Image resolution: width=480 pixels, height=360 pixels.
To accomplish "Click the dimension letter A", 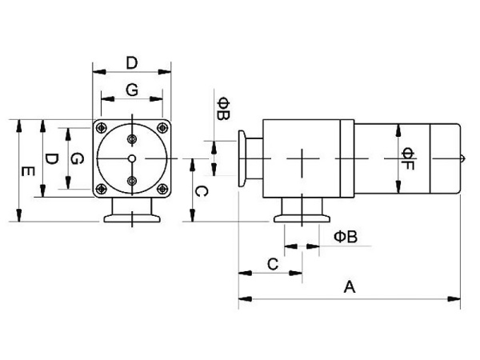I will [x=348, y=286].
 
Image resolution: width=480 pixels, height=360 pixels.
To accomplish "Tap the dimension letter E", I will [x=28, y=171].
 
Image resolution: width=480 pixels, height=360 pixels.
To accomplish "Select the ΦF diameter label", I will [x=407, y=158].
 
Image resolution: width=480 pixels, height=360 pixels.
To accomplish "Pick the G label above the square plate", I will [x=133, y=90].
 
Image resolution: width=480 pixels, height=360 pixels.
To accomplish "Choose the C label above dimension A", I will [x=272, y=263].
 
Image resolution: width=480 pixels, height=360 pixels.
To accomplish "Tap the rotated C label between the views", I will [x=202, y=191].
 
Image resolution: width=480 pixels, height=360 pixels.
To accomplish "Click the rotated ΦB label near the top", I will [x=224, y=110].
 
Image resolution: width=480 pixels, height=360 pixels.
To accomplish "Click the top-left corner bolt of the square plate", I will [x=102, y=127].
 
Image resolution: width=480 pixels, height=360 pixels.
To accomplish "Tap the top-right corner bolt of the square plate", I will [x=163, y=127].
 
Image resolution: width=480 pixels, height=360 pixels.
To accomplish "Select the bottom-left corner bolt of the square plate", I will [x=102, y=189].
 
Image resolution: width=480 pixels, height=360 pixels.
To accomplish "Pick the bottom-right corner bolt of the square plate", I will [x=163, y=189].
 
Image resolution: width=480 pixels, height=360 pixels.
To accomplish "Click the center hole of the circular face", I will [x=133, y=158].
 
